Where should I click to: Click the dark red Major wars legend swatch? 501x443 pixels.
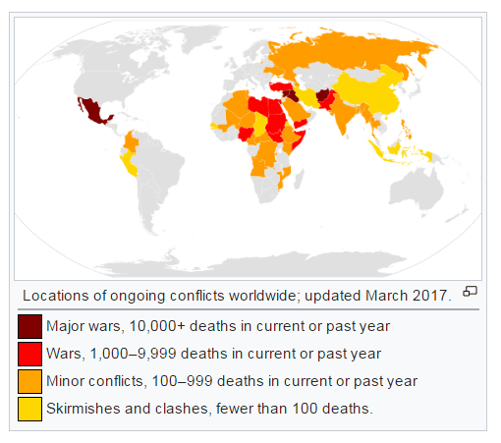[29, 326]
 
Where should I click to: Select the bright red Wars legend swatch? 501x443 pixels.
[29, 354]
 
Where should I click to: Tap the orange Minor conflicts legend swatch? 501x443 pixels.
[29, 381]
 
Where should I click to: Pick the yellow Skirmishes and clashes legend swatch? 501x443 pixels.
[29, 409]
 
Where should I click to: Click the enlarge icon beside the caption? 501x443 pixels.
[470, 291]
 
